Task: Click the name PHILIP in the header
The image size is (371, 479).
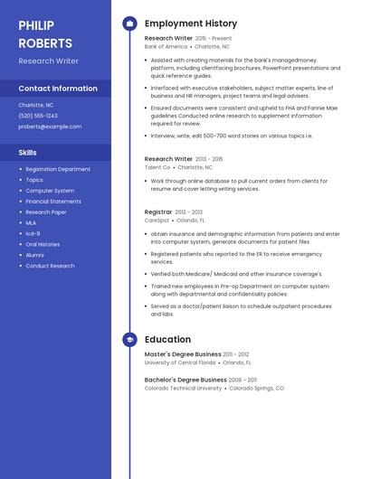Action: [x=36, y=25]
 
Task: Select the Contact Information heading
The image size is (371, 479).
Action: [x=58, y=89]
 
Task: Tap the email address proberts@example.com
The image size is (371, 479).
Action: [x=50, y=127]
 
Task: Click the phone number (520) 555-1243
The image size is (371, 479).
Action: [x=38, y=116]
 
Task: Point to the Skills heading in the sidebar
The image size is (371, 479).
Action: [x=28, y=153]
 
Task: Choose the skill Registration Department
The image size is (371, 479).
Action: [x=58, y=169]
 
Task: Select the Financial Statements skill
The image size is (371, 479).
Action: [x=53, y=202]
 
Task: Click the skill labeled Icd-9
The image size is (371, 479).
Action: [x=33, y=233]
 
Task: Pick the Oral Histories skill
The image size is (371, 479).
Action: [x=43, y=244]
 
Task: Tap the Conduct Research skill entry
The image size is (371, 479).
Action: [x=50, y=266]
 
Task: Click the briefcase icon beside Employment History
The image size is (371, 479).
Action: [x=129, y=23]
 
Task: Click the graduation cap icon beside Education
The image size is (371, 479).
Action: [x=129, y=340]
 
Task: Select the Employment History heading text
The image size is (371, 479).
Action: [x=190, y=23]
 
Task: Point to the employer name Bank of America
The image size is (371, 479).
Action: [x=166, y=46]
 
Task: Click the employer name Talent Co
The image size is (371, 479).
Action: [x=157, y=167]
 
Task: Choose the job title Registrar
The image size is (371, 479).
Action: [x=158, y=211]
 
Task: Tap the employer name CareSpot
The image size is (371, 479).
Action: [x=157, y=220]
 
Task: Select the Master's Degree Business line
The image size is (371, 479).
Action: [x=183, y=354]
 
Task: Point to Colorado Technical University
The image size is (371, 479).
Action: [x=183, y=388]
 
